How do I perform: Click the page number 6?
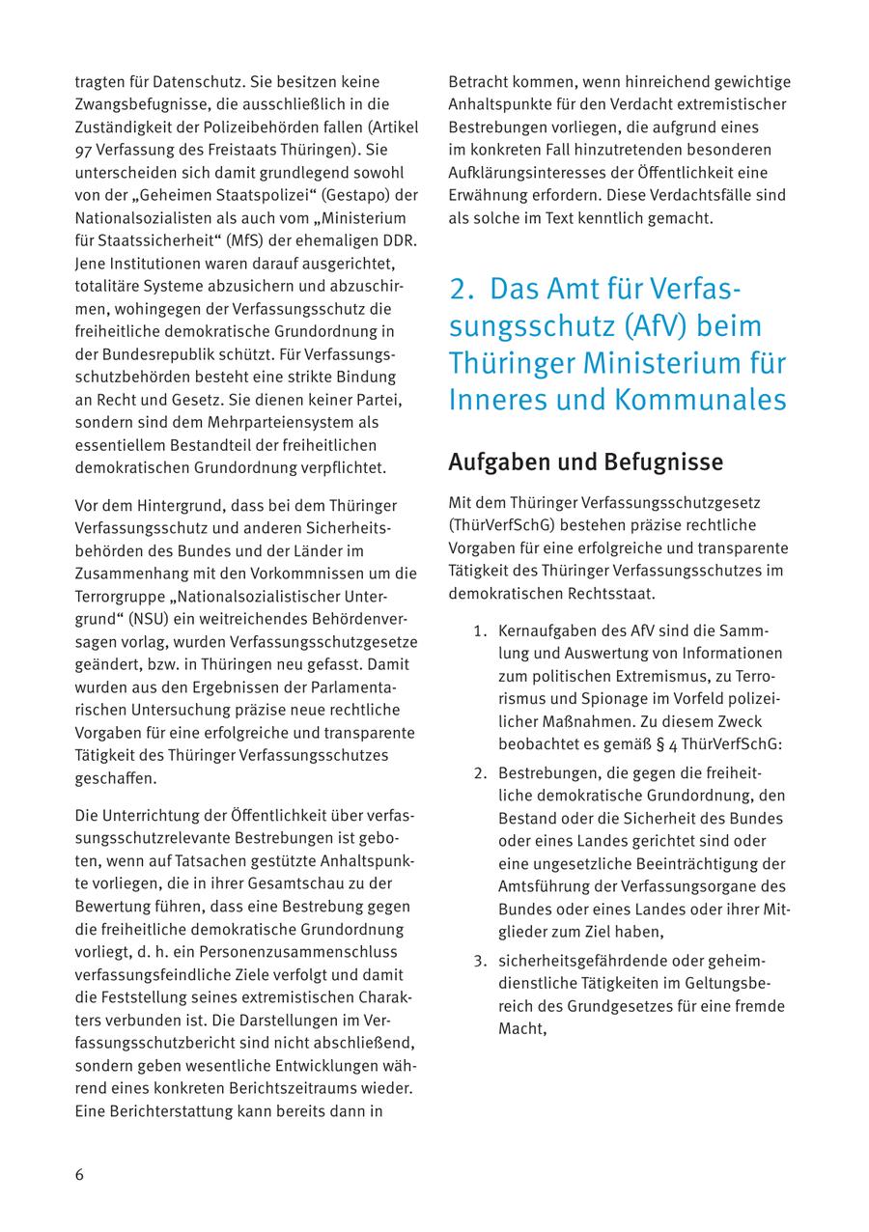(x=80, y=1175)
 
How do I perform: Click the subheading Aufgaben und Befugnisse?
(x=584, y=462)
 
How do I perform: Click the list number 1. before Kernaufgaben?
(x=480, y=631)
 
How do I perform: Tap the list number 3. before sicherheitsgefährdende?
(x=480, y=961)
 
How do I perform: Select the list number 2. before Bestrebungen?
(x=480, y=773)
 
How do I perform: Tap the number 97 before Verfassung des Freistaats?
(x=83, y=151)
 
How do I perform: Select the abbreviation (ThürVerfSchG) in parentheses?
(x=505, y=525)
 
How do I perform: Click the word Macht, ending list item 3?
(x=522, y=1028)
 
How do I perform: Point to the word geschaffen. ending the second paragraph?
(x=116, y=778)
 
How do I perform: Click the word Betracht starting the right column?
(x=479, y=81)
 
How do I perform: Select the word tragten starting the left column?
(x=100, y=81)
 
